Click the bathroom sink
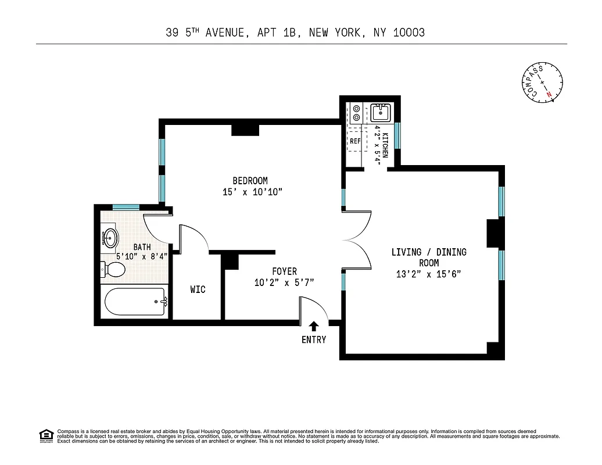coord(110,238)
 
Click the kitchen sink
coord(380,112)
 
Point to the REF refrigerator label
coord(355,141)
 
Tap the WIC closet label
coord(198,289)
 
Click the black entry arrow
coord(314,327)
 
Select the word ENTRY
coord(314,340)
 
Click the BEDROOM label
coord(250,181)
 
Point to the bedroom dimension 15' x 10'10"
coord(252,192)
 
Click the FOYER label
coord(284,271)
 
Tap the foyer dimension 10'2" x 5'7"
coord(284,283)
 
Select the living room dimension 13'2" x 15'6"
coord(429,274)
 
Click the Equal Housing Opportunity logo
coord(46,435)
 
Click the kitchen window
coord(397,135)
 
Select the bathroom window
coord(126,207)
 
